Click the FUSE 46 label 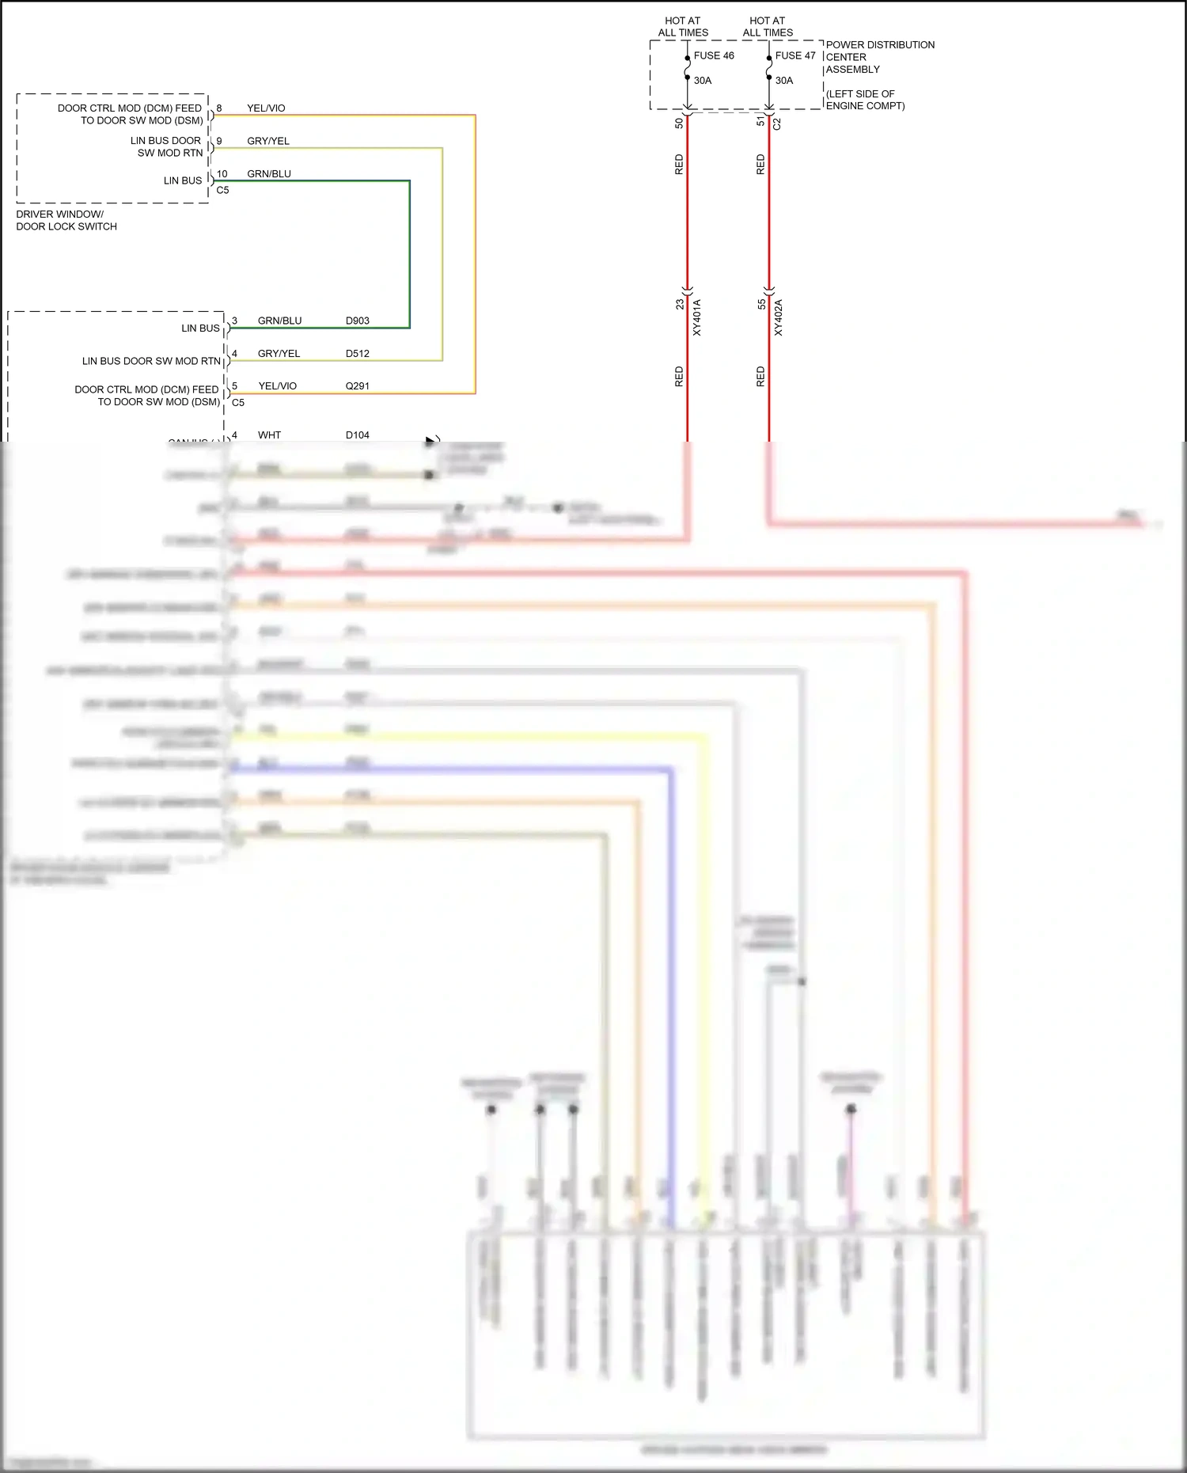pyautogui.click(x=714, y=55)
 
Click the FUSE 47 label pyautogui.click(x=794, y=55)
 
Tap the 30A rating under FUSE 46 pyautogui.click(x=703, y=81)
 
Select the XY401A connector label pyautogui.click(x=697, y=317)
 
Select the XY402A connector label pyautogui.click(x=779, y=317)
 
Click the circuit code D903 pyautogui.click(x=358, y=321)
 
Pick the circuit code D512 pyautogui.click(x=358, y=354)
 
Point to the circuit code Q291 pyautogui.click(x=358, y=386)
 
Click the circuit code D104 pyautogui.click(x=358, y=435)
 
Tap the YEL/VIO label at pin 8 pyautogui.click(x=266, y=108)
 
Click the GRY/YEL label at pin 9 pyautogui.click(x=268, y=141)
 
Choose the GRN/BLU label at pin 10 pyautogui.click(x=269, y=174)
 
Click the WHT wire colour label pyautogui.click(x=269, y=435)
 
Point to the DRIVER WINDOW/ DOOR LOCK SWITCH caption pyautogui.click(x=66, y=220)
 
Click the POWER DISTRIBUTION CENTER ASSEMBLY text pyautogui.click(x=880, y=57)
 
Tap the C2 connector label pyautogui.click(x=777, y=123)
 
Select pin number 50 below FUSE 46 pyautogui.click(x=679, y=123)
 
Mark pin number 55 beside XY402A pyautogui.click(x=761, y=304)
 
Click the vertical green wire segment pyautogui.click(x=410, y=253)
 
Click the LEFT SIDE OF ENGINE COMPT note pyautogui.click(x=865, y=100)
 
